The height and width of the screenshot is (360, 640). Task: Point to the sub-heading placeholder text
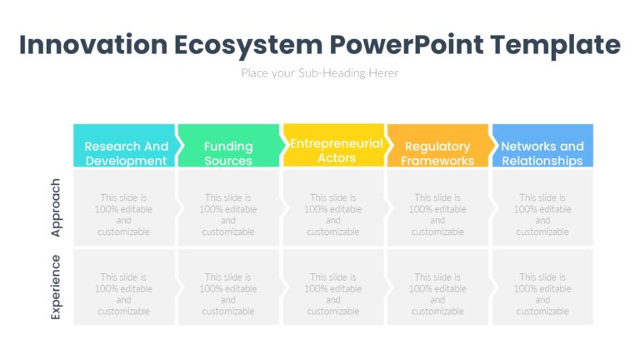[x=320, y=73]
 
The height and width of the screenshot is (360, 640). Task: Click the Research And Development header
[x=125, y=147]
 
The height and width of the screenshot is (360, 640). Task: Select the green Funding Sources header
[x=228, y=147]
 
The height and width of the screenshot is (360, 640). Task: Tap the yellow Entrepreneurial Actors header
[x=334, y=147]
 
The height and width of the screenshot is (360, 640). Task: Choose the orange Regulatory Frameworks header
[x=437, y=147]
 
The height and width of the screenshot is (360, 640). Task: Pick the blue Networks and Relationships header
[x=542, y=147]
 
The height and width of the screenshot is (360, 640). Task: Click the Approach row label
[x=56, y=207]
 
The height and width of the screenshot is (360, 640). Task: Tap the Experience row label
[x=56, y=287]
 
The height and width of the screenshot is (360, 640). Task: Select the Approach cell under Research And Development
[x=124, y=208]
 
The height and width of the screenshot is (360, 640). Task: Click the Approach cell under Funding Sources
[x=228, y=208]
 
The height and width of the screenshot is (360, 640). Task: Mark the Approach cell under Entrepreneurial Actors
[x=333, y=208]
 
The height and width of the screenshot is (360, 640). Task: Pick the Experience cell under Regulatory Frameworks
[x=437, y=287]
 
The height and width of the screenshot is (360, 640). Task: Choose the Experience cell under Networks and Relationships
[x=542, y=287]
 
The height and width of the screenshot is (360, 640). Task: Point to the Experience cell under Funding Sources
[x=228, y=287]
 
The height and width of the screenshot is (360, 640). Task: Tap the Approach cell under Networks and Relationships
[x=542, y=208]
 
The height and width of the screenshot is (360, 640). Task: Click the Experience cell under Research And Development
[x=124, y=287]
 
